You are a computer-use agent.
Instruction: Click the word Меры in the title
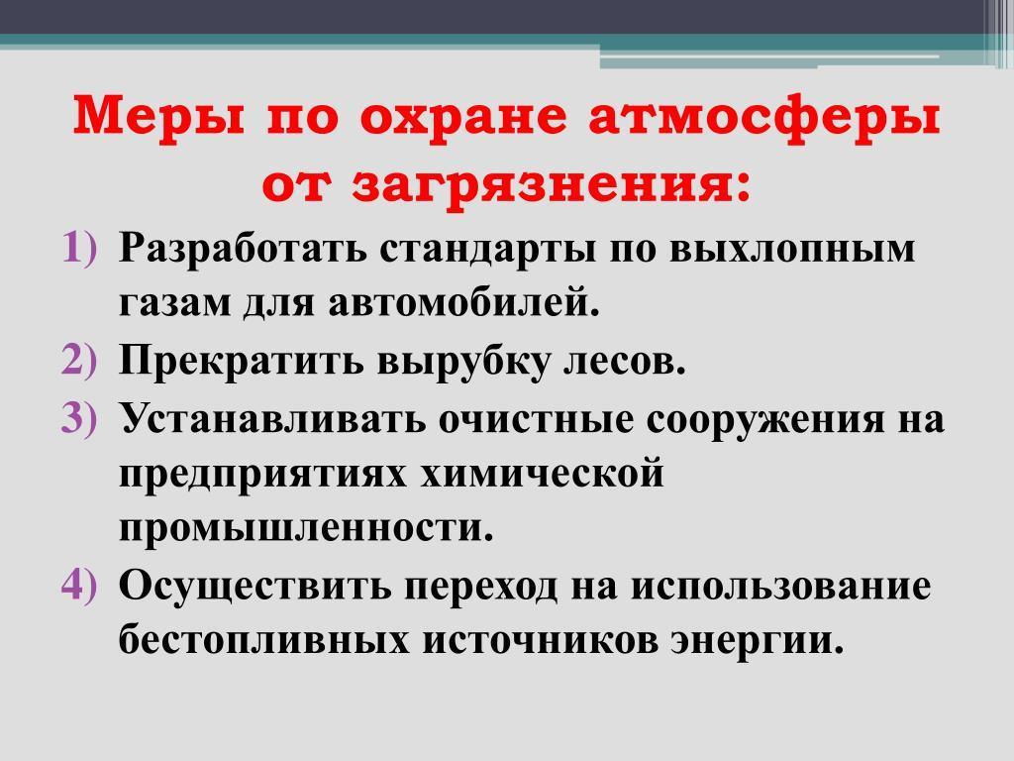[x=159, y=116]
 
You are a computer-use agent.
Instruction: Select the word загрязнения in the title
[x=551, y=180]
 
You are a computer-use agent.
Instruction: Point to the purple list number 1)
[x=80, y=248]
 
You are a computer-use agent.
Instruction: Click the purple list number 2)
[x=80, y=360]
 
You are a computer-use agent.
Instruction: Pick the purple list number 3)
[x=80, y=417]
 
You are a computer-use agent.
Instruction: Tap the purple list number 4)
[x=80, y=586]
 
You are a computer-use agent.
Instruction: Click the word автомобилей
[x=463, y=304]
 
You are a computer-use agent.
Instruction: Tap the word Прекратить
[x=242, y=361]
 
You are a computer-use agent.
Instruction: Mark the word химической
[x=542, y=475]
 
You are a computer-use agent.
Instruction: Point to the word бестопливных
[x=264, y=642]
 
